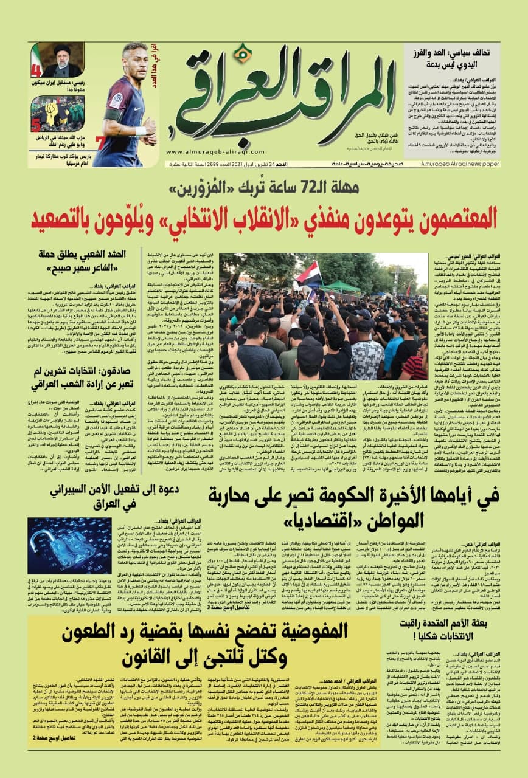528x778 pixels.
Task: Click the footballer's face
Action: point(134,58)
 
